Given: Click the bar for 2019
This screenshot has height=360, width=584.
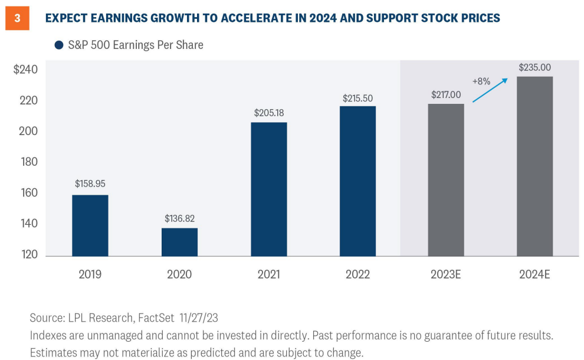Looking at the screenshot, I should [90, 225].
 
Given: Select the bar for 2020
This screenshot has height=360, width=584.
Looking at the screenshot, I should [179, 242].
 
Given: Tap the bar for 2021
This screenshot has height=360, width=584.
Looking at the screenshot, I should [268, 189].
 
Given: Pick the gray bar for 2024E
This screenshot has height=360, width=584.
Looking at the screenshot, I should [534, 166].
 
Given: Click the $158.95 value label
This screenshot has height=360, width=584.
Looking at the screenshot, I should [90, 184].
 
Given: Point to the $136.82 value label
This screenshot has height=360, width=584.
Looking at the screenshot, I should [179, 218].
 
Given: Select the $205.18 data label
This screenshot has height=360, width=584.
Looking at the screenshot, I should [268, 112].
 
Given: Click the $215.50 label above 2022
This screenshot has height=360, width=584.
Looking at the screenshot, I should [357, 99].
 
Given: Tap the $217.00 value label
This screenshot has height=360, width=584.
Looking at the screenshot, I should [446, 94].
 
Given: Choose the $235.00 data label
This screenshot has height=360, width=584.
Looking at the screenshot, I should [534, 67].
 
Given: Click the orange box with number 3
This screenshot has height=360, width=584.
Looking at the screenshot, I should [17, 18].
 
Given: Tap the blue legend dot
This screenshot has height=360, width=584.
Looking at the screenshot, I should [59, 45].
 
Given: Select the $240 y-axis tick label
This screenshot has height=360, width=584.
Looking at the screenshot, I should [25, 70].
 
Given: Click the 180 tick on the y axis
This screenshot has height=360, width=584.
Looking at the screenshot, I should [29, 162].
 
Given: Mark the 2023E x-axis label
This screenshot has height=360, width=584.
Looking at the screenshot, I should [446, 274].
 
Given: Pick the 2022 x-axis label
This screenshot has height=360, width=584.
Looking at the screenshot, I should [357, 274].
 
